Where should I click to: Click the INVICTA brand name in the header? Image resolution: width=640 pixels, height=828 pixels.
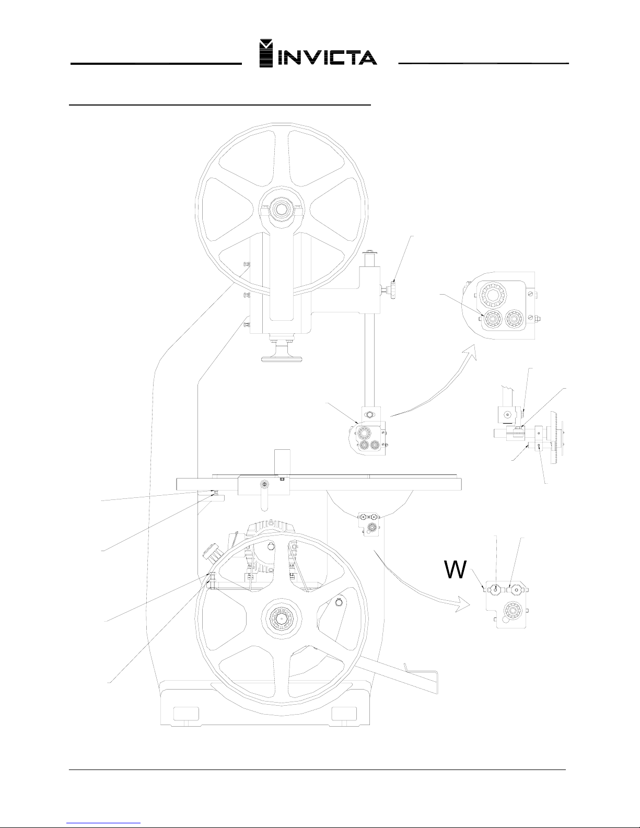(x=328, y=58)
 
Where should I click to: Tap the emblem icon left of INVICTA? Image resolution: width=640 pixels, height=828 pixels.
(x=266, y=53)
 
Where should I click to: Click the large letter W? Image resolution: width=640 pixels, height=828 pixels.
(x=455, y=570)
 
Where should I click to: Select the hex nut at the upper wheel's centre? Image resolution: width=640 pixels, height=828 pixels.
(x=282, y=209)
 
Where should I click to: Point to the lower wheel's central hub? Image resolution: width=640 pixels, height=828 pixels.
(x=282, y=619)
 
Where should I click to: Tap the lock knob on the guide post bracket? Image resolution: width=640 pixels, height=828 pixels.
(x=391, y=287)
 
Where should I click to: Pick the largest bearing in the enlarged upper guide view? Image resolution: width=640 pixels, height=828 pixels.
(x=493, y=294)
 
